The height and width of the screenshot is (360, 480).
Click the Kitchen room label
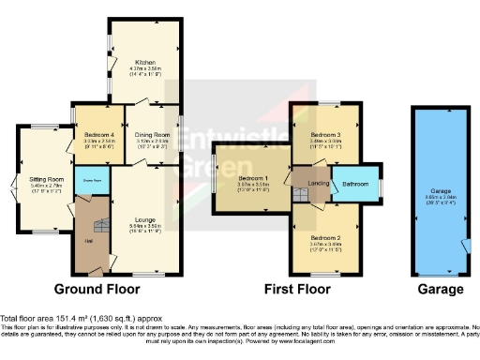[142, 61]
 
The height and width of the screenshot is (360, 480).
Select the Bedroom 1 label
[253, 178]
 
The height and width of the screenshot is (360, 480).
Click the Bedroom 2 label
[324, 238]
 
